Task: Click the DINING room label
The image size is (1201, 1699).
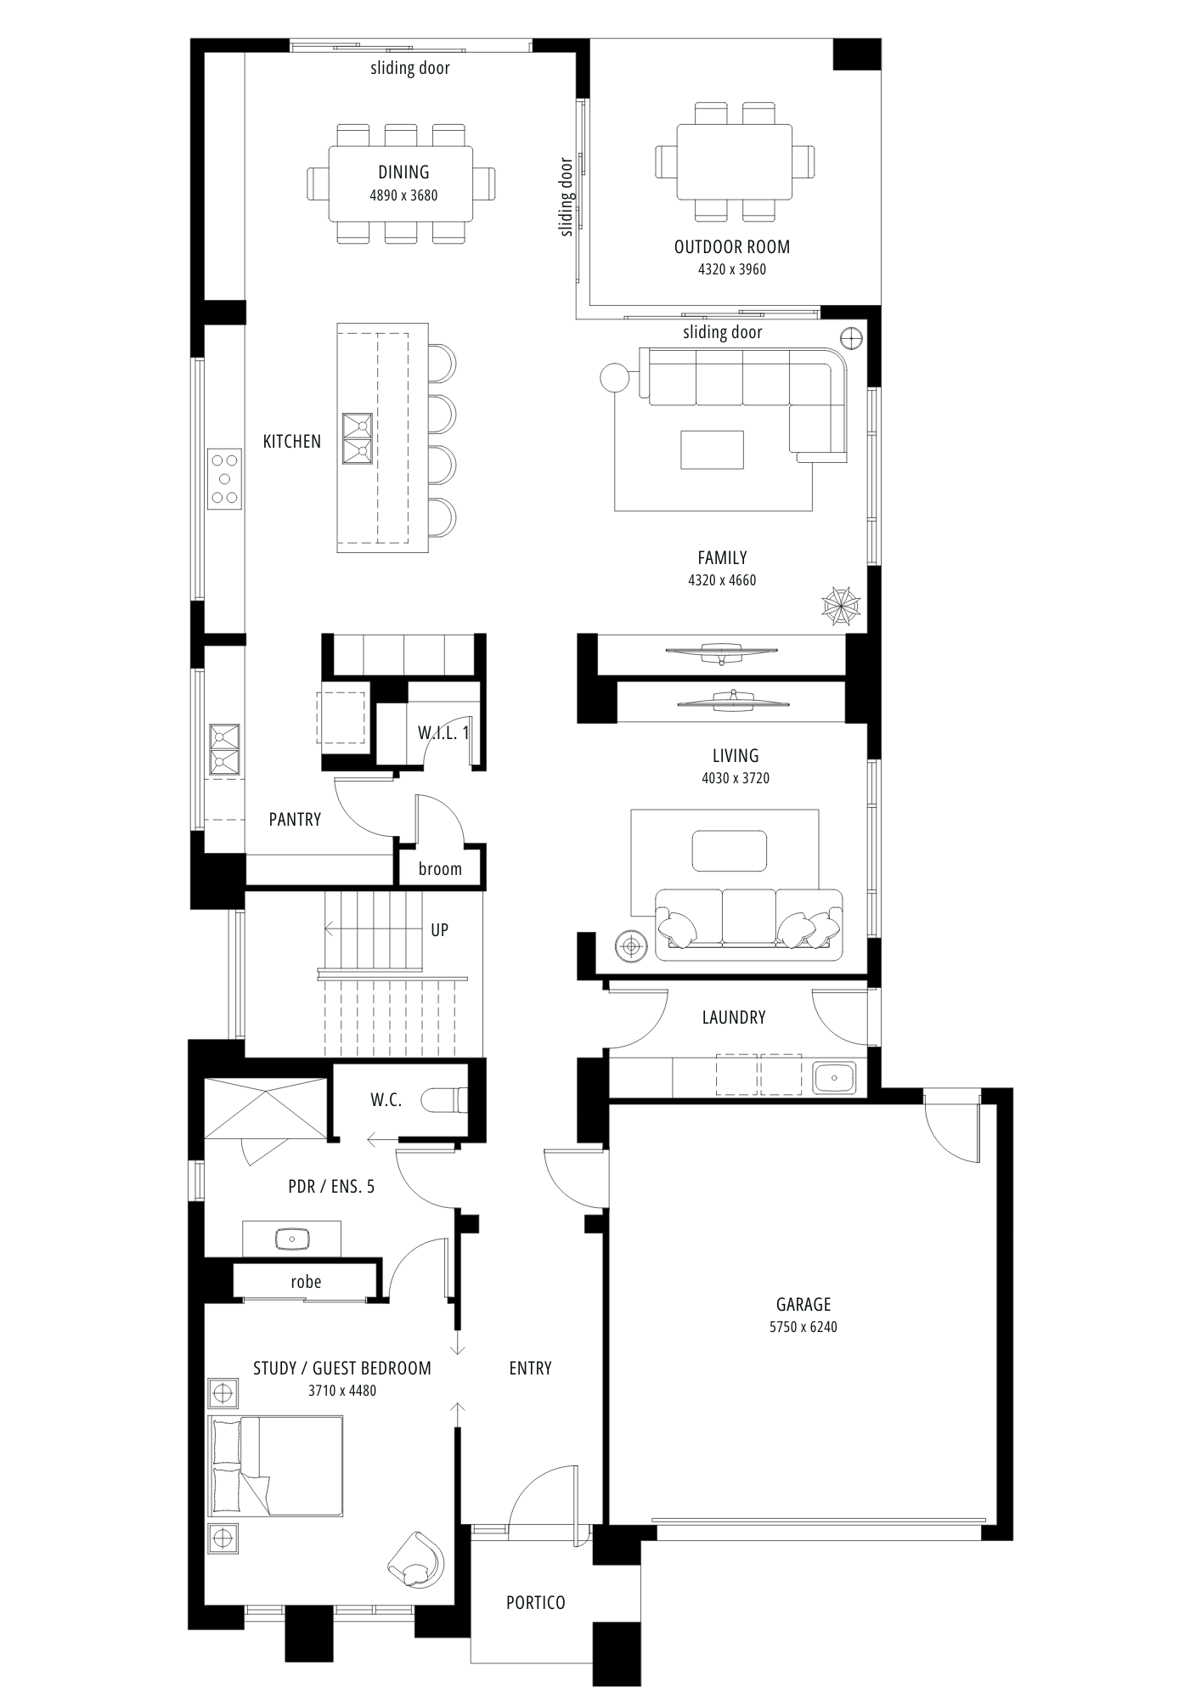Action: click(403, 172)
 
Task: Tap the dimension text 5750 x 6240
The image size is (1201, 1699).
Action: click(803, 1327)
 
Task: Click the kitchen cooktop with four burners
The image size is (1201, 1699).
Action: click(225, 479)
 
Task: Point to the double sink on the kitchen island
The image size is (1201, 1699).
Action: click(358, 439)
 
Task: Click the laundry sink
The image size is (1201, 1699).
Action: click(834, 1078)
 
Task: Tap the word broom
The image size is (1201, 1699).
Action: click(440, 869)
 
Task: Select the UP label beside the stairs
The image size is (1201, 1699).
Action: click(439, 930)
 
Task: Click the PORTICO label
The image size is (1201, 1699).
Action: click(535, 1603)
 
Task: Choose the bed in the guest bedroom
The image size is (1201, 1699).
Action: click(276, 1465)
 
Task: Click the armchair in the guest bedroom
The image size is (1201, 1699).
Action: click(416, 1560)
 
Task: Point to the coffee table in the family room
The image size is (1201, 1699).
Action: click(712, 449)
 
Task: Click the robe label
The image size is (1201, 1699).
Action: click(306, 1282)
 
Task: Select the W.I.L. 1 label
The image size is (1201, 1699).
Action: click(443, 733)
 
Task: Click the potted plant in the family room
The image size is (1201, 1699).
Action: click(841, 606)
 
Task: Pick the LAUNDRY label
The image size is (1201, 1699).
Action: click(734, 1018)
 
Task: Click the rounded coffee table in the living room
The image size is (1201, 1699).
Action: click(730, 851)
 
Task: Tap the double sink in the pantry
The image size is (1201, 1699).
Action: click(225, 749)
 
